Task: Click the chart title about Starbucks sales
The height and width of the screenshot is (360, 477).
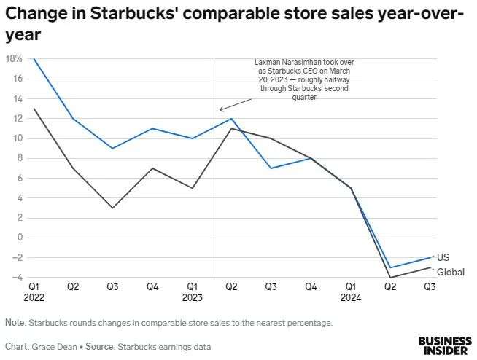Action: (233, 23)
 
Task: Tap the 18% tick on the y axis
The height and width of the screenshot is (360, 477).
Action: (12, 59)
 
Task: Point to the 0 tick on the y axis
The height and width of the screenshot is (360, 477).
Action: (19, 238)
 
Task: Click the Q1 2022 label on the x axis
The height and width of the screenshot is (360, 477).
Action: (34, 292)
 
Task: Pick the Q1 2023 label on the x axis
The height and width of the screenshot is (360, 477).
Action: (193, 292)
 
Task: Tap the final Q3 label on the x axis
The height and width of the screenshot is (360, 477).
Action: (430, 287)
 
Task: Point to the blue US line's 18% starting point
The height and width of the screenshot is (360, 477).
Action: (34, 59)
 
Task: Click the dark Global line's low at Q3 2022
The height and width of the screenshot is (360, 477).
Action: (113, 208)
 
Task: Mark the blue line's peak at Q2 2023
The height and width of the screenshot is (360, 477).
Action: (232, 119)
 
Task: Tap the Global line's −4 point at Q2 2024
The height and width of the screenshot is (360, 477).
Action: (391, 277)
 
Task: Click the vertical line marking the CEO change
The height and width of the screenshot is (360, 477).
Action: (213, 182)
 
